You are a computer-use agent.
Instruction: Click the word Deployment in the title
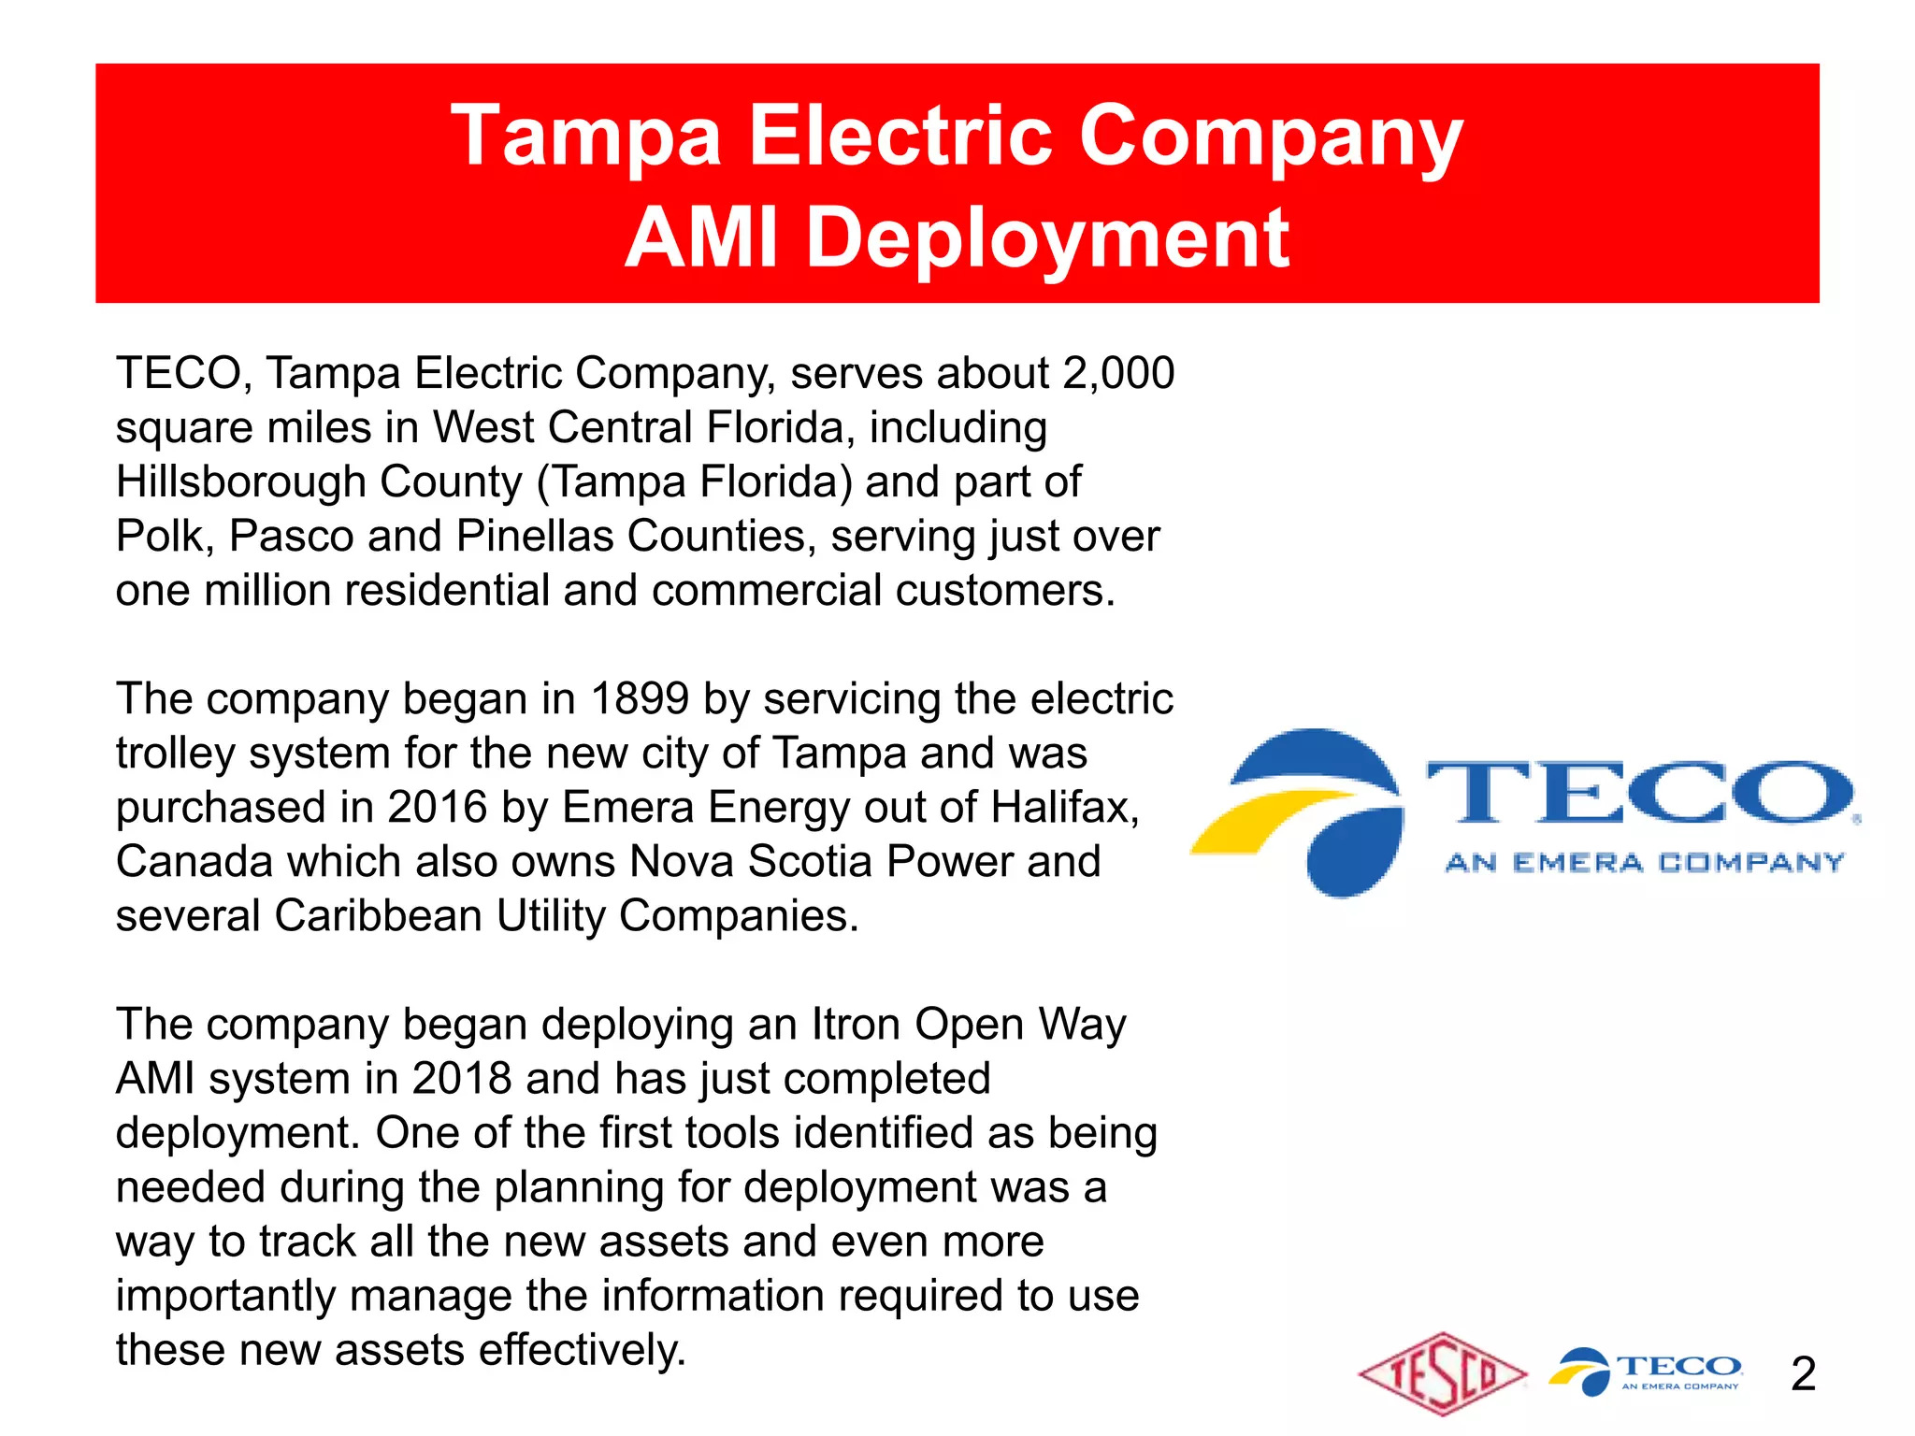pos(1047,238)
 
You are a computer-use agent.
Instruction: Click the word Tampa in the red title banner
pos(585,136)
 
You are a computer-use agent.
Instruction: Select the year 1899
pos(640,698)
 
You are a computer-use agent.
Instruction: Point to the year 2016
pos(437,807)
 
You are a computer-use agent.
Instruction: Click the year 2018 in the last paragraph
pos(461,1079)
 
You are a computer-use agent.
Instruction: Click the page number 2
pos(1803,1374)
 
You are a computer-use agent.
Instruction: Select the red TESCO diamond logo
pos(1443,1374)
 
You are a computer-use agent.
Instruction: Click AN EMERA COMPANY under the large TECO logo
pos(1644,862)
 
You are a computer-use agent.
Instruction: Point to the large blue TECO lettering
pos(1638,793)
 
